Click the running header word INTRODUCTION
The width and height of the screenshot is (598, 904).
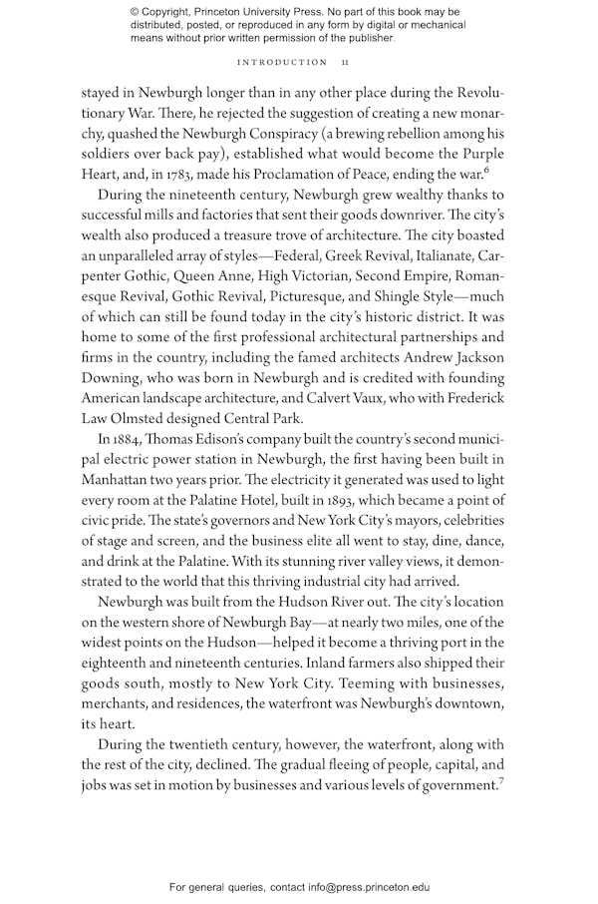click(282, 62)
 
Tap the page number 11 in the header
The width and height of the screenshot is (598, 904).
click(345, 62)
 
